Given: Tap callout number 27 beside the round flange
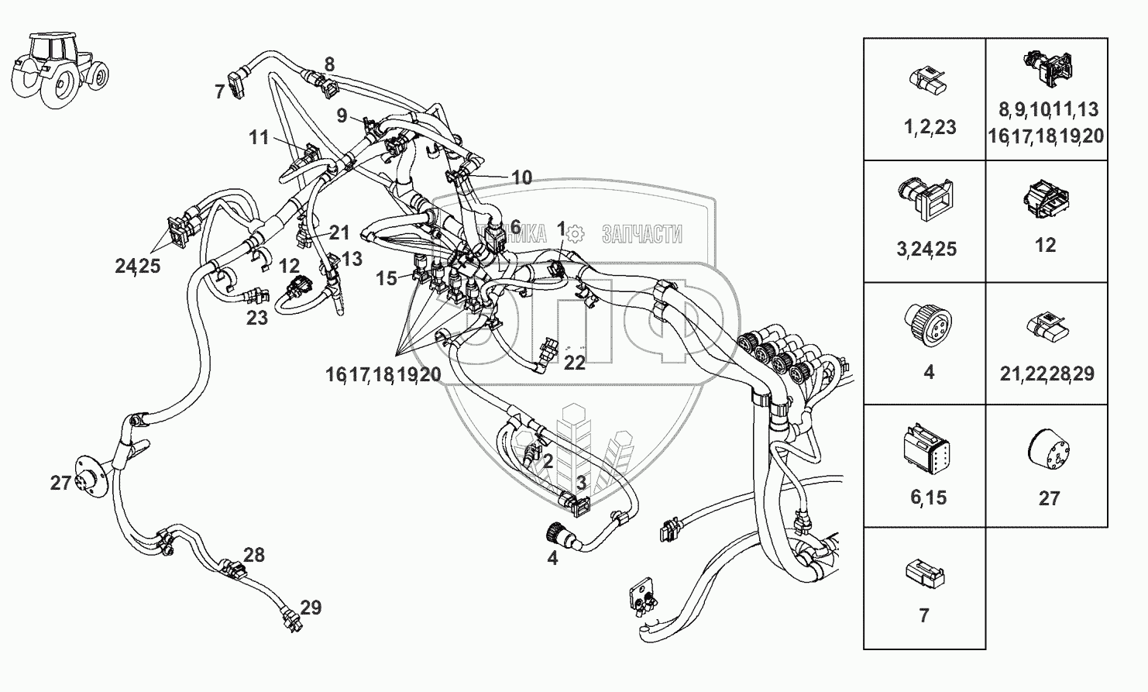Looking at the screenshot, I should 60,483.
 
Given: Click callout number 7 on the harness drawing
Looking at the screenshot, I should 219,92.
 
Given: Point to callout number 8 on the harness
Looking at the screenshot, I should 329,65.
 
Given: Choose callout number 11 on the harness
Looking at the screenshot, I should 259,138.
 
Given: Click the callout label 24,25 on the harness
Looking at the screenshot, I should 137,266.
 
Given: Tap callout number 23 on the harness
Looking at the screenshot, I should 257,317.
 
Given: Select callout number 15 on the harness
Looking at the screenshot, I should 387,277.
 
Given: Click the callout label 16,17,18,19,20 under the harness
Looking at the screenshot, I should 383,375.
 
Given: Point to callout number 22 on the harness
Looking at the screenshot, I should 574,362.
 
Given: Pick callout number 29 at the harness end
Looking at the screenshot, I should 311,607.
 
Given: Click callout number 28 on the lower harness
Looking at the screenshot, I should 253,555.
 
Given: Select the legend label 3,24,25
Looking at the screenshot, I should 927,249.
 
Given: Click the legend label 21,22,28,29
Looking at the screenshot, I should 1047,374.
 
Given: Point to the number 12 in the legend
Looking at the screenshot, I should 1045,245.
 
